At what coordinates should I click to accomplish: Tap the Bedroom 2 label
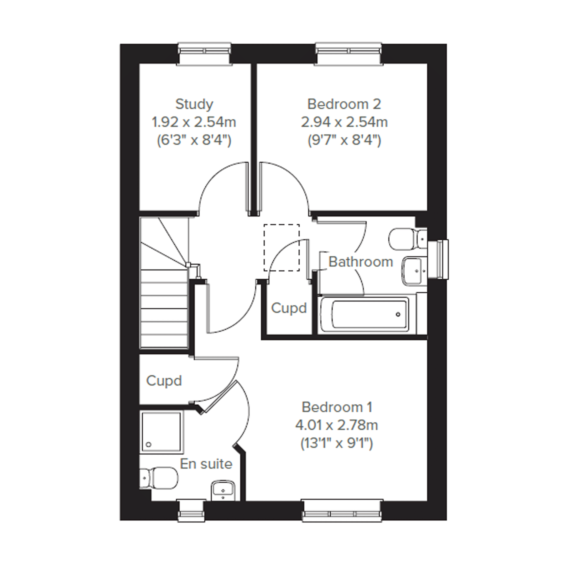click(344, 104)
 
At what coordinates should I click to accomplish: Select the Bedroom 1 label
click(337, 407)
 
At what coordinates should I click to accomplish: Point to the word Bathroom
click(361, 262)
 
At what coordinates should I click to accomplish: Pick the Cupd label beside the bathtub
click(289, 308)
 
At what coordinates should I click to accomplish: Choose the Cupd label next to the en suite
click(164, 381)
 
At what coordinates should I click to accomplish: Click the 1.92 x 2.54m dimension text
click(194, 122)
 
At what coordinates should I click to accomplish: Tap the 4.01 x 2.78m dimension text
click(337, 425)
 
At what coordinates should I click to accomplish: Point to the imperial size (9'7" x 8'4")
click(344, 141)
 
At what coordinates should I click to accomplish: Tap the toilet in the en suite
click(159, 478)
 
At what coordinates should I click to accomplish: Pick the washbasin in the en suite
click(223, 490)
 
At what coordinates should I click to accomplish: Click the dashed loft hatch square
click(282, 248)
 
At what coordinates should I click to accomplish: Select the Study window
click(205, 54)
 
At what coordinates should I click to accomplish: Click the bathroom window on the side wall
click(438, 259)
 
